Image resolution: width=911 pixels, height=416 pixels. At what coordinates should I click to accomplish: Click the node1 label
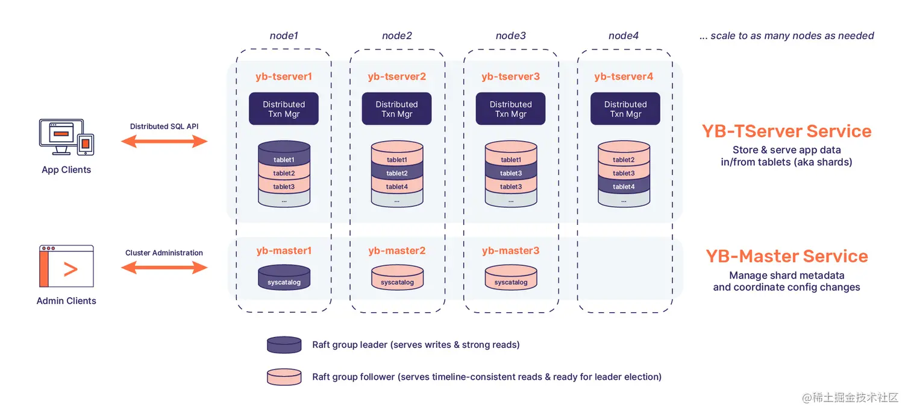(x=284, y=36)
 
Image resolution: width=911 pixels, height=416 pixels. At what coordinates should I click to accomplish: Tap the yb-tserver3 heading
(x=510, y=77)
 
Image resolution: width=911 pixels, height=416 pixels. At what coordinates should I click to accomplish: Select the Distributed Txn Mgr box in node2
(x=396, y=109)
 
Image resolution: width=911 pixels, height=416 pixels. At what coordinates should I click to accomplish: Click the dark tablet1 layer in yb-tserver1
(x=284, y=160)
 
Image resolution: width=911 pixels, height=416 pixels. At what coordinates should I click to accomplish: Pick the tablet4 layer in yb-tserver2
(x=397, y=187)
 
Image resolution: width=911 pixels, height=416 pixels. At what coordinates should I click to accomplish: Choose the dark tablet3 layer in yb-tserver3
(x=510, y=173)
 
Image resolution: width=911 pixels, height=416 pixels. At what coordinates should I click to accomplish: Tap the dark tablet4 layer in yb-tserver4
(x=624, y=187)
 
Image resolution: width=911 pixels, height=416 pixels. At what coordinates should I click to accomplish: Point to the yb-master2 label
(x=397, y=251)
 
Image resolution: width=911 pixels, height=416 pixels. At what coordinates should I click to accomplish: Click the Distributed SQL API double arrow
(x=164, y=142)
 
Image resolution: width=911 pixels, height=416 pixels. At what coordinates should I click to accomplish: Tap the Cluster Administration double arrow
(x=164, y=268)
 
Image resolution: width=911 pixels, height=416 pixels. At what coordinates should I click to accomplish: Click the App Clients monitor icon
(x=57, y=134)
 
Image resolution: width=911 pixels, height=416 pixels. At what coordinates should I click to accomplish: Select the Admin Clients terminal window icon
(x=66, y=266)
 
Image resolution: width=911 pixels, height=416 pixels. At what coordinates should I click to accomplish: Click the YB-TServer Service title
(x=786, y=131)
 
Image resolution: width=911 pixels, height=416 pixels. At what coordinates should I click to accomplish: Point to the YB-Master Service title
(x=786, y=256)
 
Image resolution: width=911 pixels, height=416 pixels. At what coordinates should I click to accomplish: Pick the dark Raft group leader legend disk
(x=284, y=345)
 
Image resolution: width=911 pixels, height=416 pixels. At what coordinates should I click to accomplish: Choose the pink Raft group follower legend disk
(x=284, y=377)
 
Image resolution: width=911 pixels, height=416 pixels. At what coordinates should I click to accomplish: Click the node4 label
(x=624, y=36)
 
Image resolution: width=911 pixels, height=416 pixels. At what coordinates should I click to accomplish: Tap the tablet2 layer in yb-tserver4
(x=624, y=160)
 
